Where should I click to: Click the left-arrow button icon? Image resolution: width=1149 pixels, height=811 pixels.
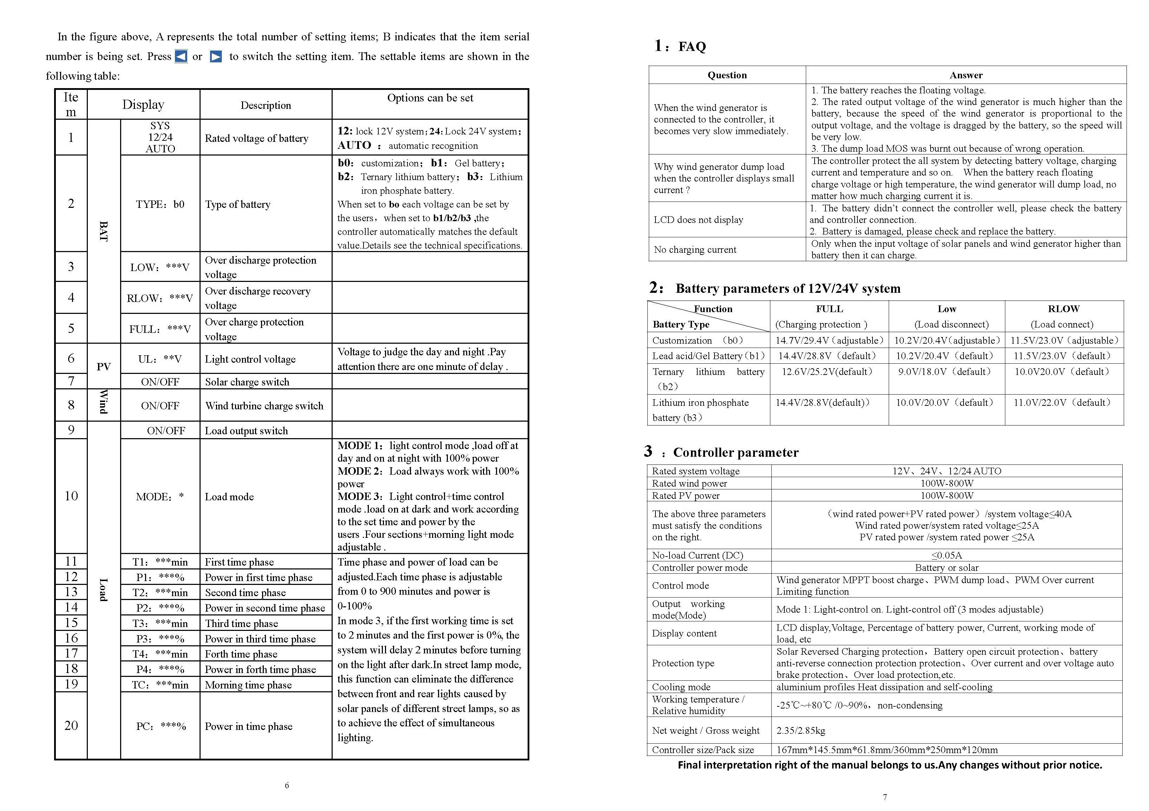tap(181, 57)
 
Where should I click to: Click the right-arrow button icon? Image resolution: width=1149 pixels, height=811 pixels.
tap(216, 57)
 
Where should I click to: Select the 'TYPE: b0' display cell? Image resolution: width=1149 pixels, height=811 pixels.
tap(160, 204)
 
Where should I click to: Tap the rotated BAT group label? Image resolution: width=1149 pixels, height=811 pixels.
tap(104, 231)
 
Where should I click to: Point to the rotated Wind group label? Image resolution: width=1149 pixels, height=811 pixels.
tap(104, 402)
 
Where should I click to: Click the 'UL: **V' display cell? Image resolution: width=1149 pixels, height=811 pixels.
tap(160, 359)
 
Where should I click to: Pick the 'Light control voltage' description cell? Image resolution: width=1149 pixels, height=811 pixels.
tap(250, 359)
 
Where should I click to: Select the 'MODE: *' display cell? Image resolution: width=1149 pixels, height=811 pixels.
tap(160, 497)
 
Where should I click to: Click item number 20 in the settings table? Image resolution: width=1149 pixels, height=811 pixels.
tap(71, 725)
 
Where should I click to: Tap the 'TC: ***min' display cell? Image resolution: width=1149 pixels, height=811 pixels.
tap(160, 685)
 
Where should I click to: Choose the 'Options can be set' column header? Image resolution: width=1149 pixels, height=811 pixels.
tap(430, 98)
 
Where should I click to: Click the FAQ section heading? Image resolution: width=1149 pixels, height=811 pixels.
tap(692, 47)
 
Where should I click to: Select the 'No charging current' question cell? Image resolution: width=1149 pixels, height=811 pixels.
tap(695, 250)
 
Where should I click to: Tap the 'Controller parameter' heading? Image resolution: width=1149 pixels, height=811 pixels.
tap(736, 452)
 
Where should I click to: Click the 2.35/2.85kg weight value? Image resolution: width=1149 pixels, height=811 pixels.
tap(801, 731)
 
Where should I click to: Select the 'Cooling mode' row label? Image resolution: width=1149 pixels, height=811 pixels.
tap(681, 687)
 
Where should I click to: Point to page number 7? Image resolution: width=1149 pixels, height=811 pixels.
tap(885, 797)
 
